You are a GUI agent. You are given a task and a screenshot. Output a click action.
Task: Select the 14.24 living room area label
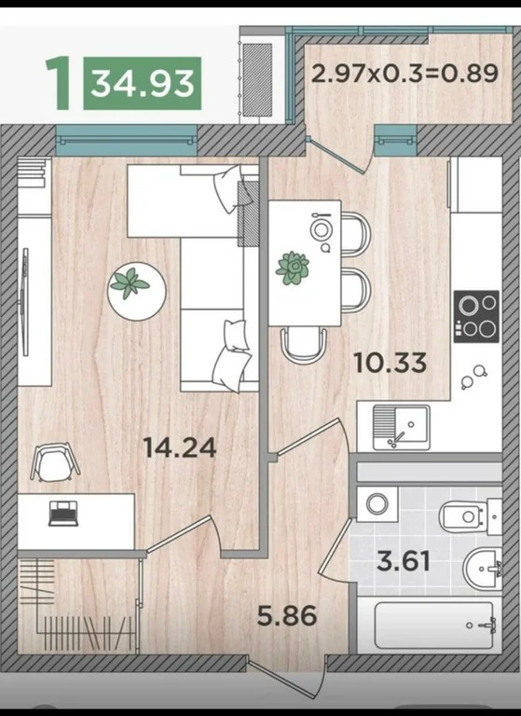point(180,447)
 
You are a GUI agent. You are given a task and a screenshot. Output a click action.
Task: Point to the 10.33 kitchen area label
point(391,361)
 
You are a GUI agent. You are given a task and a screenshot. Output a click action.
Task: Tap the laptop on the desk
point(65,512)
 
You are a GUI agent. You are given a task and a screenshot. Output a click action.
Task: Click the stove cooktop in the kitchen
point(476,316)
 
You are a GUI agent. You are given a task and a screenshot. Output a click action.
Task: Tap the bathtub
point(433,625)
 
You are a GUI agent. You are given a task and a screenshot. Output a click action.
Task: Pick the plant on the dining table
point(293,268)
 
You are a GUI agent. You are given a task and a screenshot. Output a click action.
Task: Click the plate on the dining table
point(322,228)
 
